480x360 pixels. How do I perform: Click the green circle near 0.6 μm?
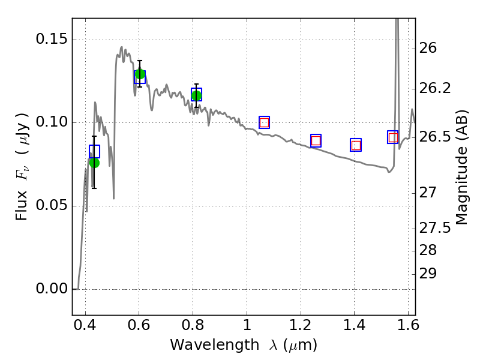pos(140,74)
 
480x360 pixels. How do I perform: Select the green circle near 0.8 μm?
pos(197,96)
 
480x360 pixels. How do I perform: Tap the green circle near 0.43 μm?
pos(94,163)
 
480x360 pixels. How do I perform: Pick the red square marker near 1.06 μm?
pos(264,123)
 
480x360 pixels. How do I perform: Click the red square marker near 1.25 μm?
pos(316,141)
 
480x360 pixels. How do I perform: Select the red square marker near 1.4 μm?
pos(356,145)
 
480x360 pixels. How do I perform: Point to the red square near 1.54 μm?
pos(393,137)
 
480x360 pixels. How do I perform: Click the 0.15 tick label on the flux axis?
pos(52,39)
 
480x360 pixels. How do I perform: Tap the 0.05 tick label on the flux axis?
pos(52,205)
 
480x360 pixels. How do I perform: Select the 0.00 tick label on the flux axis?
pos(52,289)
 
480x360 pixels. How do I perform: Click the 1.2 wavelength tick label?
pos(301,325)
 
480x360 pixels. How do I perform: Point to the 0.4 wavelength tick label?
pos(85,325)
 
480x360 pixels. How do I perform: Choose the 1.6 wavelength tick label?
pos(408,325)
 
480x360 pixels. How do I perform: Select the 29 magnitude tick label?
pos(428,274)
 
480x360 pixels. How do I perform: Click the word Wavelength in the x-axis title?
pos(215,346)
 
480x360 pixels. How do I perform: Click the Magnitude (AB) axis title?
pos(461,167)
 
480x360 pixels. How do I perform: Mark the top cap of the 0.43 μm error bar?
pos(94,136)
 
